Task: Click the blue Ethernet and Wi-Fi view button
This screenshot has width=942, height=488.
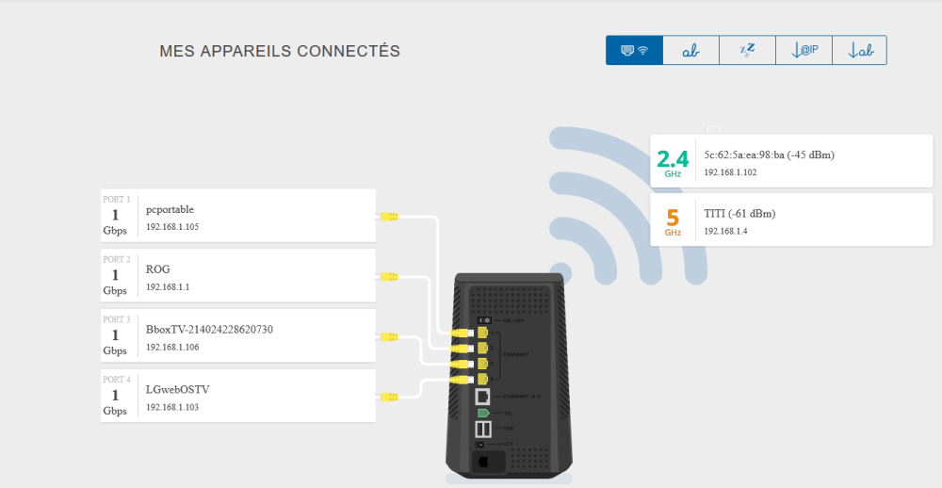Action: click(x=634, y=51)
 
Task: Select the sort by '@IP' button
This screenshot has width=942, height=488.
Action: click(x=803, y=51)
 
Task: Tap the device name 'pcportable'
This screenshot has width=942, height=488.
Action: click(x=171, y=209)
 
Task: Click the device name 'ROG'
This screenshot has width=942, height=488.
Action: click(x=158, y=269)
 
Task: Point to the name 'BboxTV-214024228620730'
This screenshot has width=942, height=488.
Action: click(x=209, y=330)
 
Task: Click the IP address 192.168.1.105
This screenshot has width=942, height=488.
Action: click(x=172, y=227)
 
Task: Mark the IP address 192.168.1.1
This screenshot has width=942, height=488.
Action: click(x=168, y=287)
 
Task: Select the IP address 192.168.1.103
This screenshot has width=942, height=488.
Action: click(x=172, y=407)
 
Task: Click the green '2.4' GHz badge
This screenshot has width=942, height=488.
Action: click(x=673, y=161)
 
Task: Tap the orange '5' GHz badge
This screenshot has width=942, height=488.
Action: click(x=673, y=220)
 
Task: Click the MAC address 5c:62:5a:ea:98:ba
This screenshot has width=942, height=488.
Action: click(x=770, y=155)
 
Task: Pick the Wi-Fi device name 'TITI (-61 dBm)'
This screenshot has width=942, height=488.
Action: click(x=739, y=214)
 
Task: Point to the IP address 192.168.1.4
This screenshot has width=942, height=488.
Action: click(x=725, y=231)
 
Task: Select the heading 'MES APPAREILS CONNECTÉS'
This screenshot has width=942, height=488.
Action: click(x=280, y=51)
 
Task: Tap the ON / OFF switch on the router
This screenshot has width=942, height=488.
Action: click(x=482, y=320)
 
